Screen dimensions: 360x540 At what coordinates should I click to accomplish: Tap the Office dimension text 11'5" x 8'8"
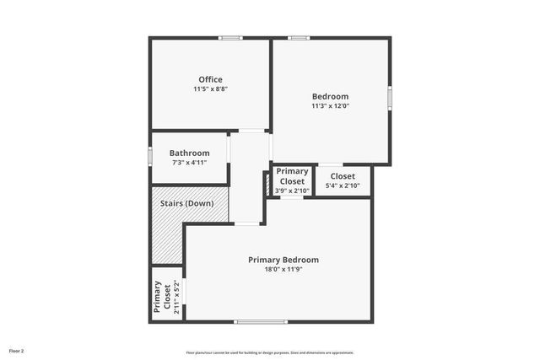pyautogui.click(x=211, y=89)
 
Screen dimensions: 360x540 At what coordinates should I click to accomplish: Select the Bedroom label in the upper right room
pyautogui.click(x=330, y=96)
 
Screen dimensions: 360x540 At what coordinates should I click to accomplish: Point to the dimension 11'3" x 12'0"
pyautogui.click(x=330, y=106)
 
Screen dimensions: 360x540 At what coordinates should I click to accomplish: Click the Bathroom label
pyautogui.click(x=189, y=153)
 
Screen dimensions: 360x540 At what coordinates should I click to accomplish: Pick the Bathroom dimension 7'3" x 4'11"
pyautogui.click(x=189, y=163)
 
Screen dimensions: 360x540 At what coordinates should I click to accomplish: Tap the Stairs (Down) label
pyautogui.click(x=187, y=203)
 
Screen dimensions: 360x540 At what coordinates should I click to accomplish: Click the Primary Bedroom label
pyautogui.click(x=283, y=260)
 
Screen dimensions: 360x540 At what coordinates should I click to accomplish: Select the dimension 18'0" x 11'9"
pyautogui.click(x=283, y=270)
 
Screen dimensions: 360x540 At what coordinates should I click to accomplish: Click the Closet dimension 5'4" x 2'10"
pyautogui.click(x=343, y=185)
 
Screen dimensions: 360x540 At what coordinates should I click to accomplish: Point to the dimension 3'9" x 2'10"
pyautogui.click(x=292, y=191)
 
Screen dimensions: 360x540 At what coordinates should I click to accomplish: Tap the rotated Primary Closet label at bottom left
pyautogui.click(x=159, y=296)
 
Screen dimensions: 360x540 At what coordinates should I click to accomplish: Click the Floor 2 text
pyautogui.click(x=17, y=350)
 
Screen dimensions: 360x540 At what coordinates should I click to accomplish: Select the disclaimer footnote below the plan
pyautogui.click(x=270, y=352)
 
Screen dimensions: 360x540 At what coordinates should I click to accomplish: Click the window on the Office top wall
pyautogui.click(x=230, y=38)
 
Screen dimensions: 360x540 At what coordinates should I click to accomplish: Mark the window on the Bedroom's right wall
pyautogui.click(x=390, y=96)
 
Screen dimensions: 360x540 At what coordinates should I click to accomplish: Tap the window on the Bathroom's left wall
pyautogui.click(x=150, y=157)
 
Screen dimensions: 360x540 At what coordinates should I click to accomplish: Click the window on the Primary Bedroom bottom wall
pyautogui.click(x=262, y=321)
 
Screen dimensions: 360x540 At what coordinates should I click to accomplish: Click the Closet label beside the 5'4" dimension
pyautogui.click(x=343, y=176)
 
